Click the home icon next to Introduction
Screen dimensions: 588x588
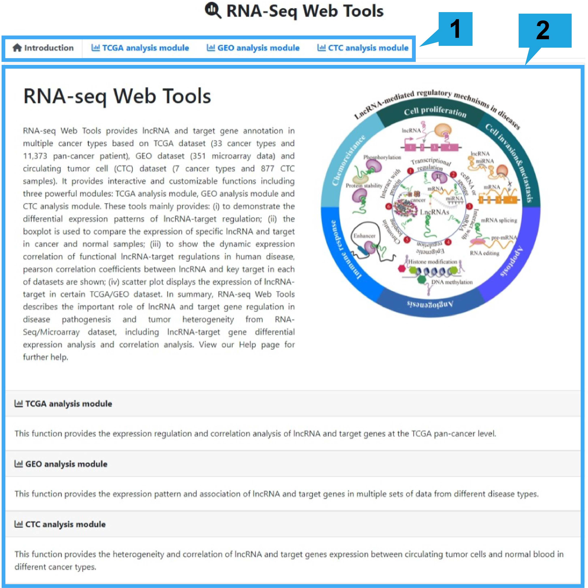click(x=17, y=48)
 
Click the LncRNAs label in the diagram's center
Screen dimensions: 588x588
click(x=434, y=212)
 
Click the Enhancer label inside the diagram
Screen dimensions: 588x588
click(x=364, y=236)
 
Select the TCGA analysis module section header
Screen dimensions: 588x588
click(x=69, y=404)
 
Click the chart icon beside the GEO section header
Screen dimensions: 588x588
click(x=19, y=464)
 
